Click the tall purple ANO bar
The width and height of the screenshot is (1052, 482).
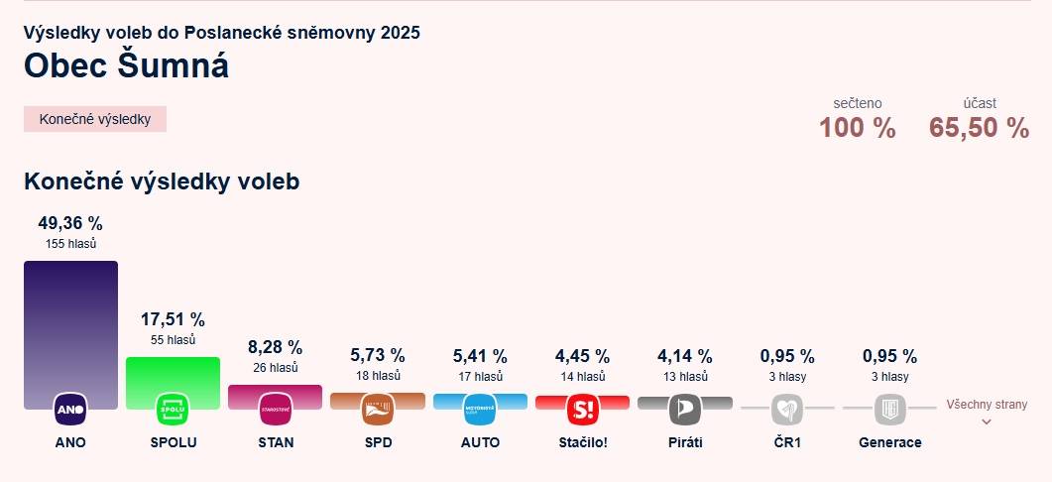point(70,327)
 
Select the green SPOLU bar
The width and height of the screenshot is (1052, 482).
point(173,377)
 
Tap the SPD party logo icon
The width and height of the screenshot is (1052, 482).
point(378,409)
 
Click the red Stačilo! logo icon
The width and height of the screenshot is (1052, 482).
point(583,409)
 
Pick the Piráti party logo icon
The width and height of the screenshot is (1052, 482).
point(685,409)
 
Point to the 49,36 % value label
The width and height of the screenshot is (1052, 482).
point(70,223)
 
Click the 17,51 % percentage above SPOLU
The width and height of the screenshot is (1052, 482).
point(173,319)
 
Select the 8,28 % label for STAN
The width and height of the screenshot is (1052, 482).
point(275,347)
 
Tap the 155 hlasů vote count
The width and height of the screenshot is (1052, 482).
point(70,243)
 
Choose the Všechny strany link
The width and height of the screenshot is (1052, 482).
point(986,405)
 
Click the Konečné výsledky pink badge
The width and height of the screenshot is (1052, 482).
point(95,119)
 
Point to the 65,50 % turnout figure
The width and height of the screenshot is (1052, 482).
point(979,128)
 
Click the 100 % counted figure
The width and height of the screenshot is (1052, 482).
point(857,128)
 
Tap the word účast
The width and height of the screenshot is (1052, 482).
point(980,103)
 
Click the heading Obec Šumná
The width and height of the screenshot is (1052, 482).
point(126,65)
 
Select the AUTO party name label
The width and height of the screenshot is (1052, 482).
point(480,442)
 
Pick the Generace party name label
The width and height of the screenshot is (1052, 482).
point(889,442)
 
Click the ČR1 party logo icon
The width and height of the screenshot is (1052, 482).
point(787,409)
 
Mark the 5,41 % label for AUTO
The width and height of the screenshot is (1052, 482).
point(480,355)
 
